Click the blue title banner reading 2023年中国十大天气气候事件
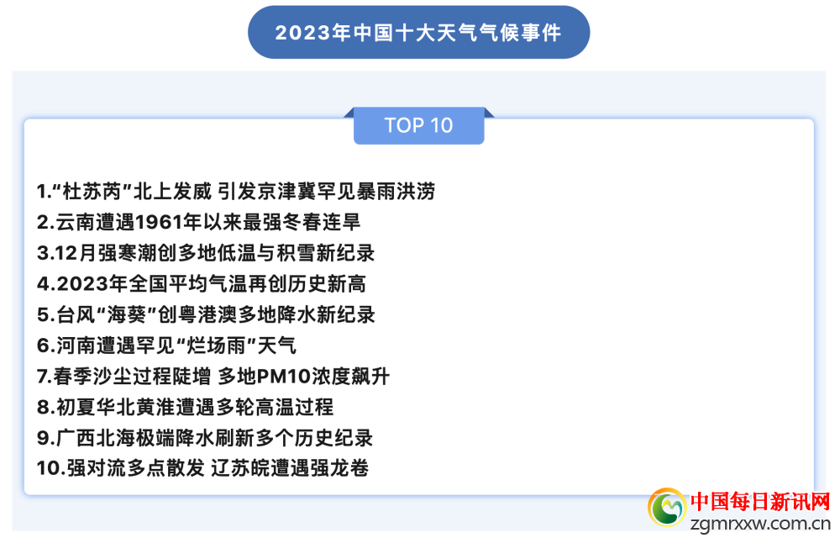point(418,32)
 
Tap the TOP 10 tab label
point(419,125)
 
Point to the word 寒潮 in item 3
point(128,253)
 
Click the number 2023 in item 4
point(82,284)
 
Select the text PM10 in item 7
point(284,377)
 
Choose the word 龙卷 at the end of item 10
point(349,468)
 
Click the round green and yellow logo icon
point(667,507)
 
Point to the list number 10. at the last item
point(51,468)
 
